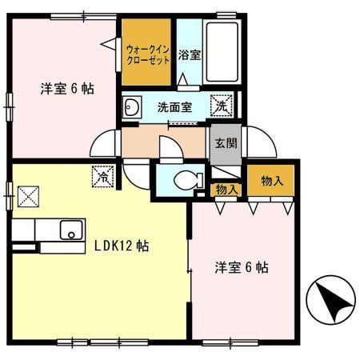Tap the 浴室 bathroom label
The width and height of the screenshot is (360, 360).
click(x=189, y=56)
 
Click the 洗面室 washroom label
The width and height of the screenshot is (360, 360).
click(x=174, y=107)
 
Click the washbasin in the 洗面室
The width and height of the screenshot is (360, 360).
click(x=134, y=108)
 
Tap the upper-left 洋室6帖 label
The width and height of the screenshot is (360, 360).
click(x=67, y=89)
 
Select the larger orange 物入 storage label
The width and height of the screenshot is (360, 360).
click(x=270, y=181)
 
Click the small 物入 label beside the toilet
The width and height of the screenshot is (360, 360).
click(x=226, y=190)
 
